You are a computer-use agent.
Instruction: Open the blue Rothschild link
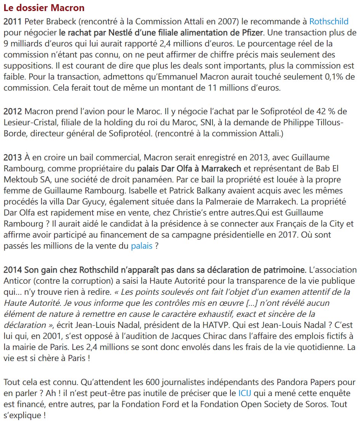click(328, 22)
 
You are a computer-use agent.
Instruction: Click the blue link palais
click(141, 246)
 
